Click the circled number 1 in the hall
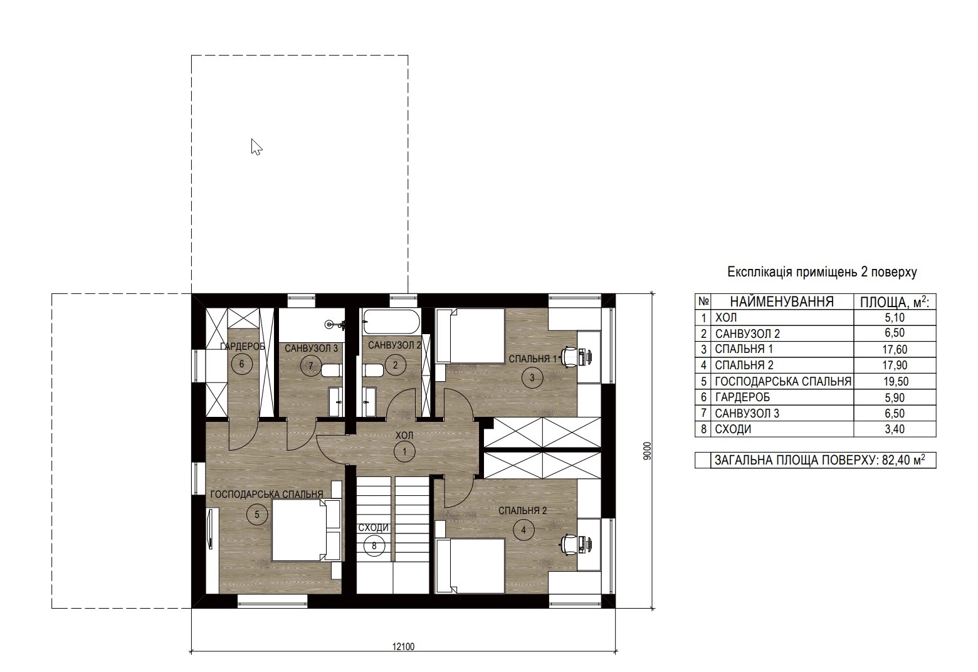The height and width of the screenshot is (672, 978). pyautogui.click(x=404, y=451)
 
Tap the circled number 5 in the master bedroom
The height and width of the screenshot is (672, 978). pyautogui.click(x=257, y=515)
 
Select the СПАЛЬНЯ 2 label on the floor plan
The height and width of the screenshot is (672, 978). pyautogui.click(x=523, y=510)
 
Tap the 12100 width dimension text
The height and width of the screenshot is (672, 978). pyautogui.click(x=404, y=647)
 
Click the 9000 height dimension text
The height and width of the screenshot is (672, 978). pyautogui.click(x=648, y=451)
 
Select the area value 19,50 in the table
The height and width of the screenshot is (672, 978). pyautogui.click(x=896, y=382)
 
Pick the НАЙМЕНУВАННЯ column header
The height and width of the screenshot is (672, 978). pyautogui.click(x=782, y=302)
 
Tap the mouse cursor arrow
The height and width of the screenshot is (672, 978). pyautogui.click(x=256, y=147)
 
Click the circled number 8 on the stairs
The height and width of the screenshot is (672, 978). pyautogui.click(x=374, y=546)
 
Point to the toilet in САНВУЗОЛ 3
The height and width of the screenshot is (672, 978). pyautogui.click(x=332, y=371)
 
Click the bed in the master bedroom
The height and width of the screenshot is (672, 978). pyautogui.click(x=306, y=530)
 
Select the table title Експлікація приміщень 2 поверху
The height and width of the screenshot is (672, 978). pyautogui.click(x=822, y=272)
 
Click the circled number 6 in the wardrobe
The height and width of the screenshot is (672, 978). pyautogui.click(x=242, y=364)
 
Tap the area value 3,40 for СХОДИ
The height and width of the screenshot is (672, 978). pyautogui.click(x=895, y=429)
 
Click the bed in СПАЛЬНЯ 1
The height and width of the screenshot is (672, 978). pyautogui.click(x=471, y=335)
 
